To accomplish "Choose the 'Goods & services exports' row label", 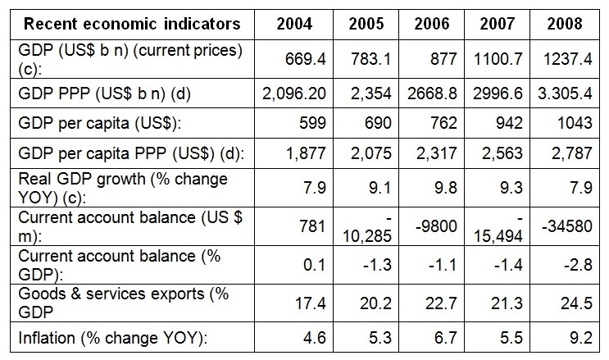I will (x=115, y=297).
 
